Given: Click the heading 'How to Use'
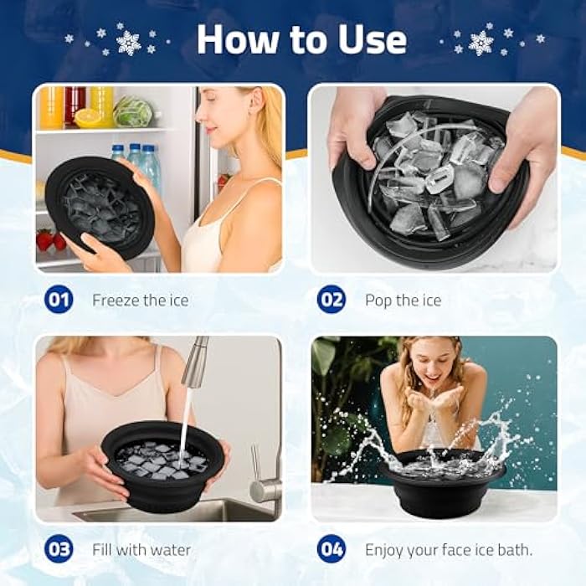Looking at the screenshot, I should coord(301,39).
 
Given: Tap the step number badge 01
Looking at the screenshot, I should coord(59,299).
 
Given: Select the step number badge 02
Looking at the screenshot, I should coord(332,299).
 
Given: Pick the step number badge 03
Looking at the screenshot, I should coord(59,549).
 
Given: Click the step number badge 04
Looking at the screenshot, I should coord(332,549).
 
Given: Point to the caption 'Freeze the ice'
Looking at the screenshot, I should coord(140,300).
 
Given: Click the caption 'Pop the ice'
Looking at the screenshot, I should coord(403,300).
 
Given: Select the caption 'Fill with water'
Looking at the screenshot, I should coord(141,550).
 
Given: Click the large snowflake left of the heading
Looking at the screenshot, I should coord(129,42).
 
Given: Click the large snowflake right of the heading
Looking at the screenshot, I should coord(481,42).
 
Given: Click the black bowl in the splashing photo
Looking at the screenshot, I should coord(442,483).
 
